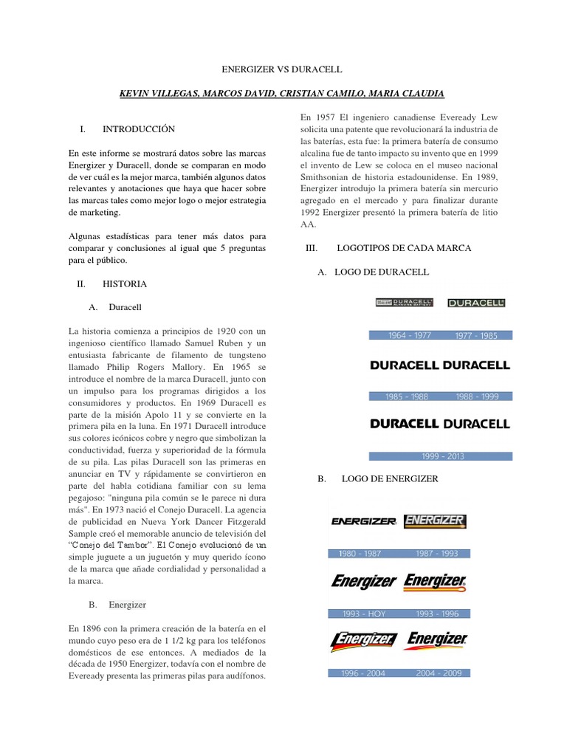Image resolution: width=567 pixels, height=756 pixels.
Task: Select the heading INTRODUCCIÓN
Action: [x=139, y=128]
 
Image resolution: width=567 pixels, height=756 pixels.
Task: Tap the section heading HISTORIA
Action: [x=125, y=283]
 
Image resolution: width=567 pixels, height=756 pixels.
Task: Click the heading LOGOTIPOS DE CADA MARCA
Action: [x=403, y=249]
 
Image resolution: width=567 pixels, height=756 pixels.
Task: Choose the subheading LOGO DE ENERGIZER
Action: [x=390, y=479]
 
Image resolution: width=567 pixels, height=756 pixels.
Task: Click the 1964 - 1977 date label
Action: [x=410, y=335]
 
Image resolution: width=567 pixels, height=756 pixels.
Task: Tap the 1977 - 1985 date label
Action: [x=476, y=335]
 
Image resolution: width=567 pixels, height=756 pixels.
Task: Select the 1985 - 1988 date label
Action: [x=406, y=396]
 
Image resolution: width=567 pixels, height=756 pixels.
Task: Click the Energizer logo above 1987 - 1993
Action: [x=435, y=521]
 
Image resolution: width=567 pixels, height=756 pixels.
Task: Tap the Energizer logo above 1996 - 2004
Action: [x=364, y=640]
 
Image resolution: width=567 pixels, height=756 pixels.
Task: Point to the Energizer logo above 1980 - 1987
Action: [x=364, y=522]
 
